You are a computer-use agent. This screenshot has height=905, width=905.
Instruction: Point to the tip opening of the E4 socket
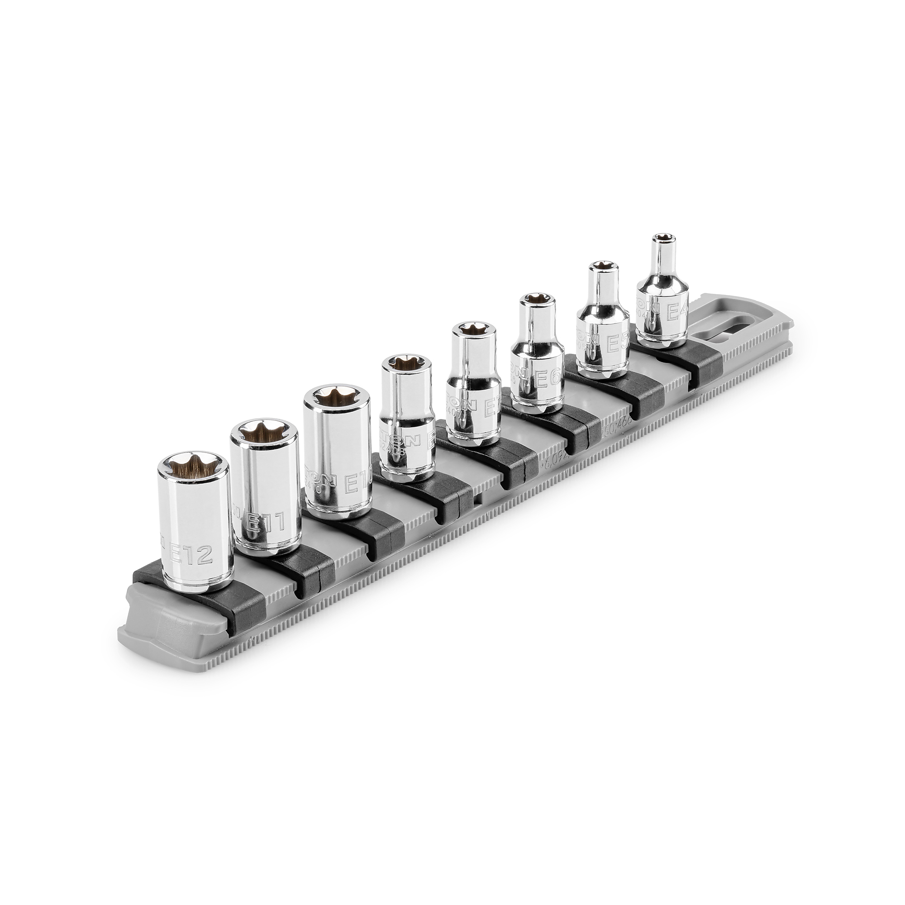pyautogui.click(x=662, y=237)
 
